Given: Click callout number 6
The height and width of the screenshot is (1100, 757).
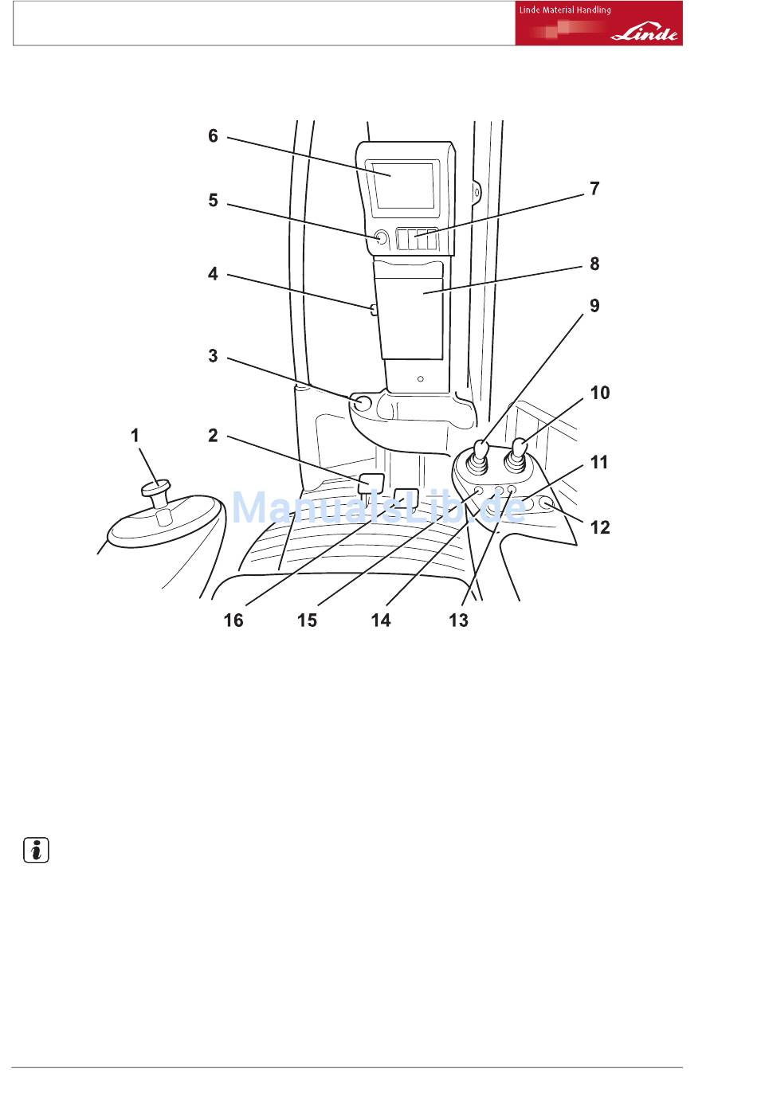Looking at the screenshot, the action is [213, 136].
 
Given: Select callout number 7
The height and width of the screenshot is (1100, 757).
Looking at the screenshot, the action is [594, 189].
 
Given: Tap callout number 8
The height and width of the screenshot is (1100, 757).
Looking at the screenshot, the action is [594, 264].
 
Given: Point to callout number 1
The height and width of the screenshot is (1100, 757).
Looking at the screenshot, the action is [135, 435].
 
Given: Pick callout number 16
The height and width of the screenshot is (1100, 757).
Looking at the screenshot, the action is [233, 620].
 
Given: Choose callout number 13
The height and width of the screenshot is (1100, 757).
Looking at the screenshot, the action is [458, 620].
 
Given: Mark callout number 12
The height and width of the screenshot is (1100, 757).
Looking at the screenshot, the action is [600, 527].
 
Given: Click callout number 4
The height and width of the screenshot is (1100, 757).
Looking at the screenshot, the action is [213, 273].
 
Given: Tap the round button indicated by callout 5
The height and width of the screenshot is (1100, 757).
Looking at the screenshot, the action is [380, 237].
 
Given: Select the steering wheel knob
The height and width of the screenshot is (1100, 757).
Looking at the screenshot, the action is [158, 487].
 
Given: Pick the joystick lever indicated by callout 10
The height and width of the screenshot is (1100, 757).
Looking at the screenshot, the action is [519, 452].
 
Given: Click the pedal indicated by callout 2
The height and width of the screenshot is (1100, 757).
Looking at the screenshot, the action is [372, 483].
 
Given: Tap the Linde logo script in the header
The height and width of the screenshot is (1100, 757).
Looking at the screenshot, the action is [645, 34].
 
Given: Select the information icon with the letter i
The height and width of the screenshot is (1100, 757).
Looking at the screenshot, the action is [34, 851].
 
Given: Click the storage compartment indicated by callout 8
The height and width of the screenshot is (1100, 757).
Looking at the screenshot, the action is [413, 311].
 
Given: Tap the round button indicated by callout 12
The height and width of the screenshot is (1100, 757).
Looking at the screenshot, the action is [547, 503].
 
